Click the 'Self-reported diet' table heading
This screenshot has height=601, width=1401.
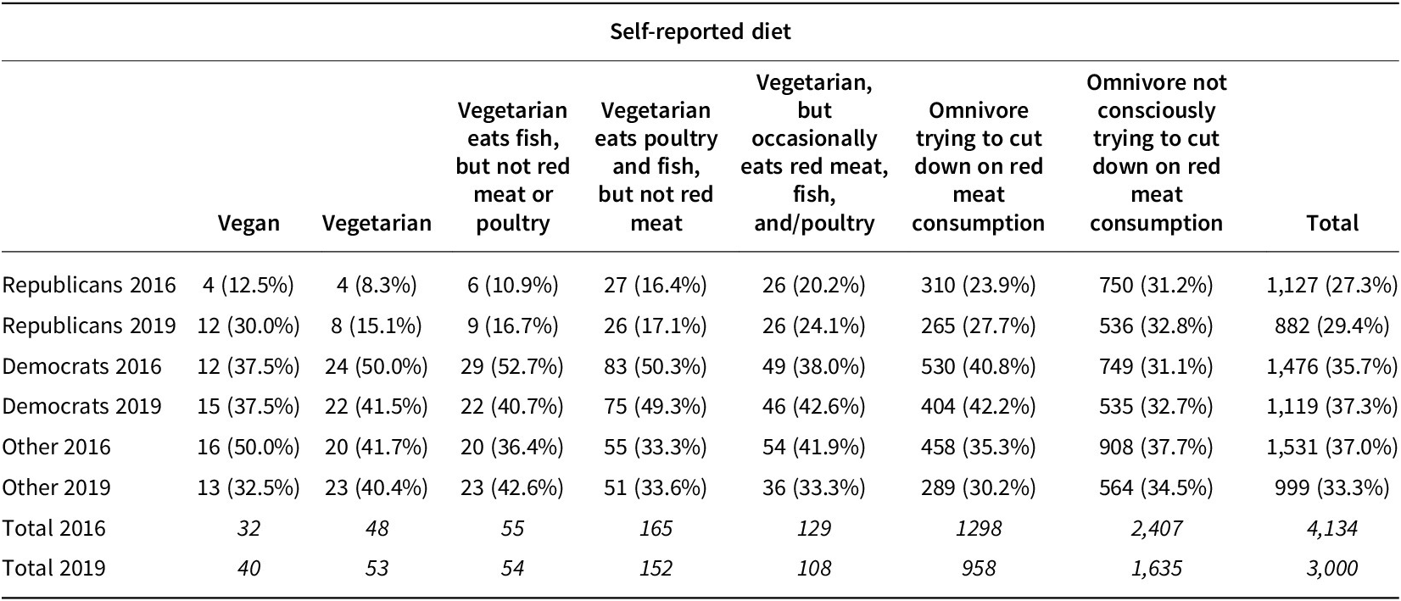coord(700,32)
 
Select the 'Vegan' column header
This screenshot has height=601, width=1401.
coord(248,223)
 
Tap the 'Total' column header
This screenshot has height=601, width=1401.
coord(1332,223)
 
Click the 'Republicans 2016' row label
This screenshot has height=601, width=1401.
coord(89,285)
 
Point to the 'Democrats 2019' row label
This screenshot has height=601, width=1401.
coord(81,406)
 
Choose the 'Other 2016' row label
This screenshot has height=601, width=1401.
coord(56,447)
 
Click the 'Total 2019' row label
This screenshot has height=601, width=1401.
coord(53,567)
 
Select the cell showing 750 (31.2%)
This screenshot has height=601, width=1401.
coord(1156,285)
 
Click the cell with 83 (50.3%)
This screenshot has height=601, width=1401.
coord(656,366)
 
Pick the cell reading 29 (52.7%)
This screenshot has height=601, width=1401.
coord(512,366)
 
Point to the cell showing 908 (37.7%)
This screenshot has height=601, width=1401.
coord(1156,447)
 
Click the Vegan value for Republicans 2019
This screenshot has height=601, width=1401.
coord(248,326)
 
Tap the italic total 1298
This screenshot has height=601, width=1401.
coord(978,528)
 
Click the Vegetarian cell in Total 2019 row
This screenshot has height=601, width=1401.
coord(377,567)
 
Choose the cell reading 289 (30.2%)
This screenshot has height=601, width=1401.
coord(978,487)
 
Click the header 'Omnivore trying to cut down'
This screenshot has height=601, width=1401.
coord(978,166)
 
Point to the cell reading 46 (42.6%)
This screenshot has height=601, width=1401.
coord(813,406)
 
